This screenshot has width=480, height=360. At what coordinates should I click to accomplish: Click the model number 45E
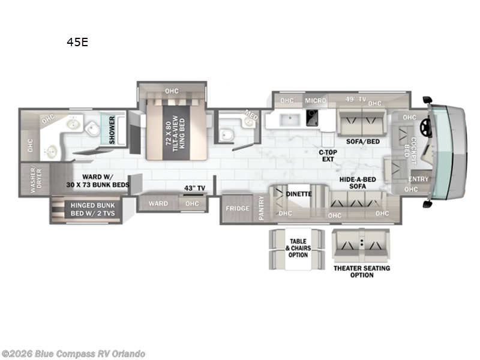click(77, 43)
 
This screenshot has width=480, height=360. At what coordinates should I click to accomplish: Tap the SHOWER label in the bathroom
click(112, 129)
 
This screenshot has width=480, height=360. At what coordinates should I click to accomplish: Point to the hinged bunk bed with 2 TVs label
click(92, 209)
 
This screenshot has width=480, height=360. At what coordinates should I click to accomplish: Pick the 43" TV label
click(194, 188)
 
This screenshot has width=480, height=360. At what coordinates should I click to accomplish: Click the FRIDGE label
click(237, 208)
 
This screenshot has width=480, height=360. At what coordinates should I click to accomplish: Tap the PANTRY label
click(261, 208)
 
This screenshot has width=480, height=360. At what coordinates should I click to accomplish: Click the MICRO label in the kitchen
click(315, 100)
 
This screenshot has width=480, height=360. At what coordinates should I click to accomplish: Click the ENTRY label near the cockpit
click(418, 179)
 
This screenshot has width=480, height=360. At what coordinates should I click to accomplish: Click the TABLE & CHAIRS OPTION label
click(298, 248)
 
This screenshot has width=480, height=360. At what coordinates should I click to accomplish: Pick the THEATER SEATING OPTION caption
click(361, 271)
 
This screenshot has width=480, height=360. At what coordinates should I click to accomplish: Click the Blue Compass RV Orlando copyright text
click(73, 354)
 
